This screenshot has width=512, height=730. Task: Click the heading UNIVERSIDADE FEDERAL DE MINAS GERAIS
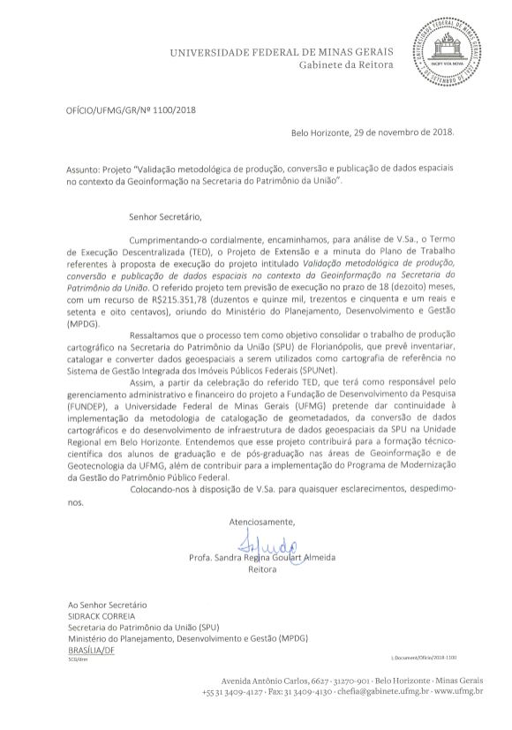click(x=281, y=55)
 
